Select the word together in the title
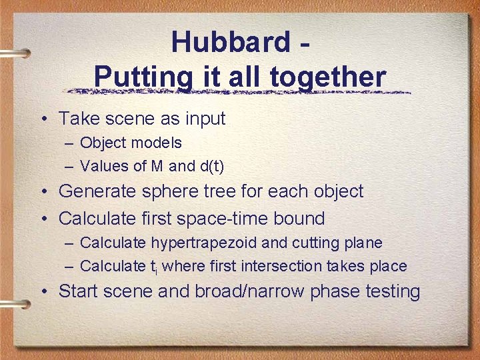tap(328, 77)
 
